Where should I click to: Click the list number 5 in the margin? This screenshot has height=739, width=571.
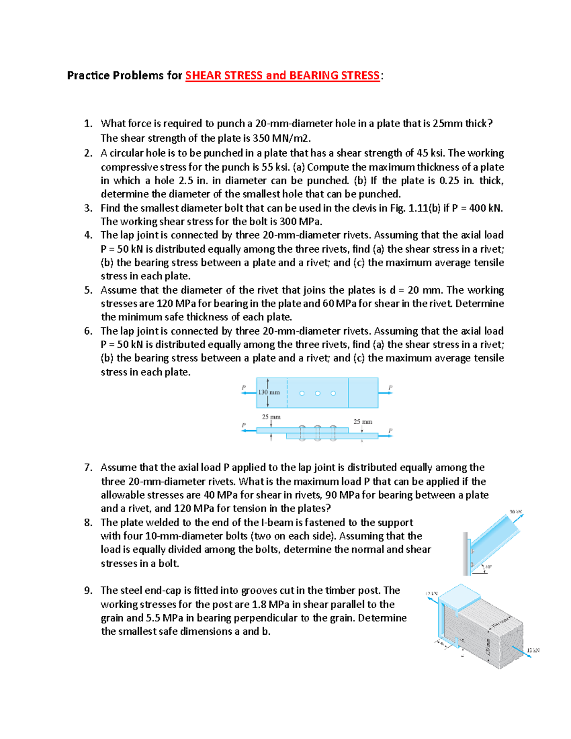pos(88,290)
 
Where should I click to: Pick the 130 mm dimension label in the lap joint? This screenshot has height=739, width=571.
pos(269,393)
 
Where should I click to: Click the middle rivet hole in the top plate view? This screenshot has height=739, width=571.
pos(317,393)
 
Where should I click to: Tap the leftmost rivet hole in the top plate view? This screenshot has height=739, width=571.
pos(302,393)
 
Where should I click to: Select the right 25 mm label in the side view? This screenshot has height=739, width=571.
pos(363,422)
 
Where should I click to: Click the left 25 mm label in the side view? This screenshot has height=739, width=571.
pos(271,417)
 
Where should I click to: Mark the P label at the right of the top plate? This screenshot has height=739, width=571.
pos(390,387)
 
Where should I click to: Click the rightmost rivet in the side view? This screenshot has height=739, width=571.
pos(333,433)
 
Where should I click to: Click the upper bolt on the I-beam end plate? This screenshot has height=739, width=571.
pos(473,552)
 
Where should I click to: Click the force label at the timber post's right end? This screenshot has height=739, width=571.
pos(533,650)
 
